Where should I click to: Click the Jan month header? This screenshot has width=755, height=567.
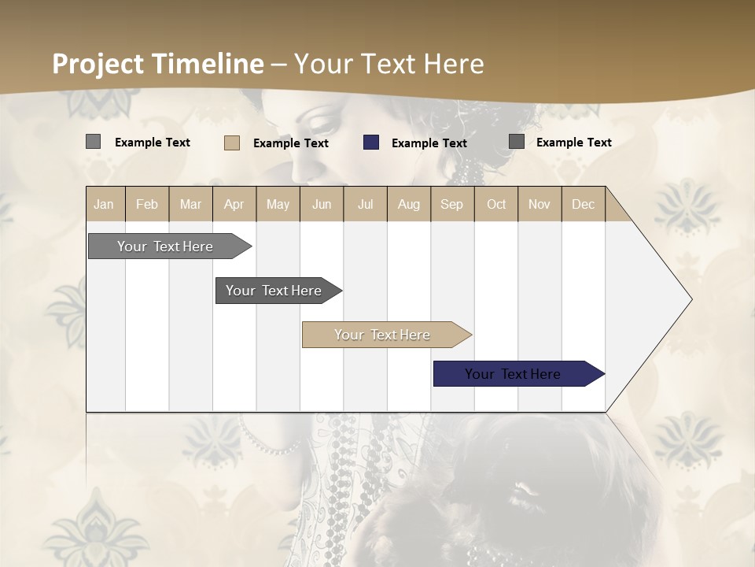click(104, 204)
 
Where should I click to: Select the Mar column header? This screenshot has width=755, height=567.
click(190, 204)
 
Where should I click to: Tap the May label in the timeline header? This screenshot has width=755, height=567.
click(278, 204)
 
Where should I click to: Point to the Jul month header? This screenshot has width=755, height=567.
click(365, 204)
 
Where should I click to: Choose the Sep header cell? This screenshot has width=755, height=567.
click(451, 204)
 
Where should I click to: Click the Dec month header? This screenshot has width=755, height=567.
click(583, 204)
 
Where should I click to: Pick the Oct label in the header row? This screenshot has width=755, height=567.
click(496, 204)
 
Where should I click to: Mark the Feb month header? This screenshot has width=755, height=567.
click(147, 204)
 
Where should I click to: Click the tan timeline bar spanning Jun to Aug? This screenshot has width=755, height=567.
click(383, 335)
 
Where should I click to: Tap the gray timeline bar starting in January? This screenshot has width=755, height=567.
click(166, 246)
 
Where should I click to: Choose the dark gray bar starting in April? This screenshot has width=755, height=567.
click(274, 291)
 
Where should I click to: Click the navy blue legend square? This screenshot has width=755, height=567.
click(371, 143)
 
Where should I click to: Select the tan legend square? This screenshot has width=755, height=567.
click(232, 143)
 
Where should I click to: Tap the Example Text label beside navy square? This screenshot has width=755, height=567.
click(429, 143)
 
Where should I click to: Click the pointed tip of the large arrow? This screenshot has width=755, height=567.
click(690, 299)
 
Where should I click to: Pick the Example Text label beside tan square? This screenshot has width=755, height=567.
click(290, 143)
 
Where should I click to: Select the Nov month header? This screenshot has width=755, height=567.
click(540, 204)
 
